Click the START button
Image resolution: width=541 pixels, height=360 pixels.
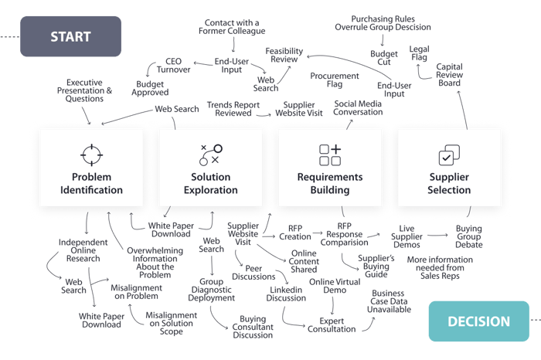pyautogui.click(x=71, y=36)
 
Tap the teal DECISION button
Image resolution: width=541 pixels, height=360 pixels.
pyautogui.click(x=478, y=321)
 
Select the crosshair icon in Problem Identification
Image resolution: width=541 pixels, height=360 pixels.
pyautogui.click(x=92, y=155)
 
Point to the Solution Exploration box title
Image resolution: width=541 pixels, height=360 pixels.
pyautogui.click(x=211, y=184)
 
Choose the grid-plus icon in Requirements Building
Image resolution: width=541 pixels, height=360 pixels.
pyautogui.click(x=330, y=155)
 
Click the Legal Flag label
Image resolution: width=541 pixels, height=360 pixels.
pyautogui.click(x=421, y=53)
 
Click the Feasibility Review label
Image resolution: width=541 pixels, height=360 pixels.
pyautogui.click(x=284, y=54)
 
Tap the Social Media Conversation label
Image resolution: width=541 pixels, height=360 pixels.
pyautogui.click(x=358, y=107)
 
